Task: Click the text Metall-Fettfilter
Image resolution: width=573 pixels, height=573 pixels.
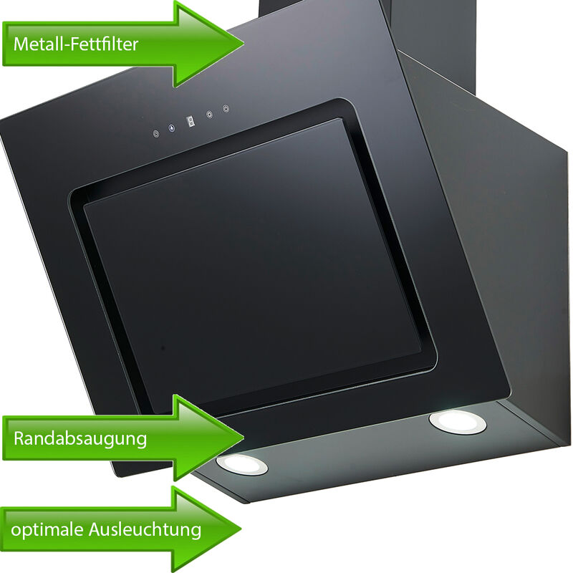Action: point(76,44)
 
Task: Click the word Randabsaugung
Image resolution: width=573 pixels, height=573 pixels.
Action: point(80,438)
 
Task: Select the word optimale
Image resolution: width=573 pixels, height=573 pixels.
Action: point(47,529)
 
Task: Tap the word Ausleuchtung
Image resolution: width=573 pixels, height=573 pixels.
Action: point(145,529)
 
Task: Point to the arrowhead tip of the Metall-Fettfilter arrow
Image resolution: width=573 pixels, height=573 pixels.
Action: point(244,43)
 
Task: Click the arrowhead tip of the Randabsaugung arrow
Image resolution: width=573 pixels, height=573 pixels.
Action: point(244,437)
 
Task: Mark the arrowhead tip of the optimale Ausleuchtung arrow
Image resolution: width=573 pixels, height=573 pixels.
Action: point(241,528)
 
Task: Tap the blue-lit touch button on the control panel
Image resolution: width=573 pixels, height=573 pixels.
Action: point(172,128)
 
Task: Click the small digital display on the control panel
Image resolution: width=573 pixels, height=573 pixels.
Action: point(191,121)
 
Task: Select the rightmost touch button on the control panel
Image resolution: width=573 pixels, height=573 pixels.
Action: point(226,109)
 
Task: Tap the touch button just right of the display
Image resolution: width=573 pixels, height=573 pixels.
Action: point(209,115)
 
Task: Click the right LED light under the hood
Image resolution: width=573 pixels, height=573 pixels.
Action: point(458,422)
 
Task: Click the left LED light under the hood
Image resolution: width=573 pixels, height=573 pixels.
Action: point(242,464)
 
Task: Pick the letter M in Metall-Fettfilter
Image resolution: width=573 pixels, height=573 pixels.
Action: point(21,44)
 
